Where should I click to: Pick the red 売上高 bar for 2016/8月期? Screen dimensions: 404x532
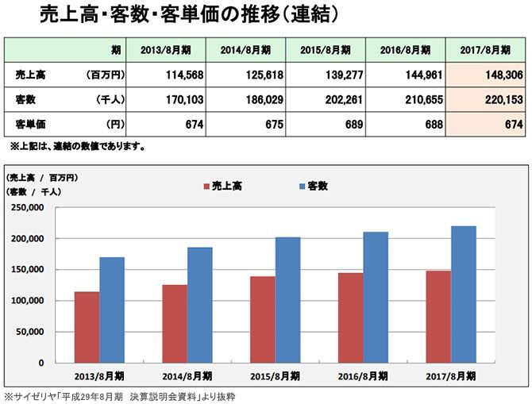pyautogui.click(x=351, y=317)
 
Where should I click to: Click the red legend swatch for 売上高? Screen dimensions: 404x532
pyautogui.click(x=206, y=186)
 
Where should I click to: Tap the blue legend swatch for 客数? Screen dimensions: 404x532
pyautogui.click(x=303, y=186)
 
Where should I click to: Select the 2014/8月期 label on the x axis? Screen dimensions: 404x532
pyautogui.click(x=187, y=375)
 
